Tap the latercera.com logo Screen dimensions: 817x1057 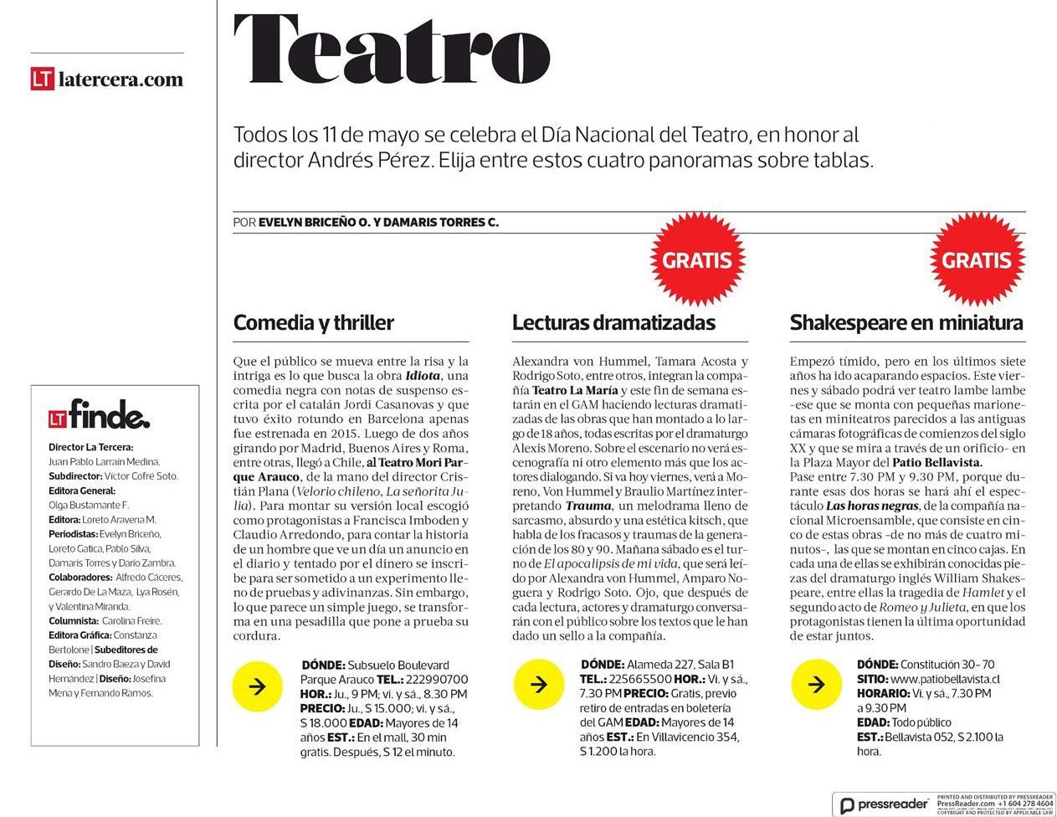107,80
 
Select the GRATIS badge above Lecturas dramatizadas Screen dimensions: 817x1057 697,259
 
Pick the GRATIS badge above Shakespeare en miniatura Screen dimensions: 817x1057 976,259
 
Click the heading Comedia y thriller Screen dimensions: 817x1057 313,322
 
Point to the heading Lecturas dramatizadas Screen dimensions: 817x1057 613,322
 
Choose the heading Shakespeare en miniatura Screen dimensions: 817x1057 906,322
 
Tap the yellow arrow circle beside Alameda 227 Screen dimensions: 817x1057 538,685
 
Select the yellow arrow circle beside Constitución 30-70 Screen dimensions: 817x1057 815,685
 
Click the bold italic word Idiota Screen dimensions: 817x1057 422,376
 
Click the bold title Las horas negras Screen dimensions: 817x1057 870,506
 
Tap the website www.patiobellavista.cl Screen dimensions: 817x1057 945,679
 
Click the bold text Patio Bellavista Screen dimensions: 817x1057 936,462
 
